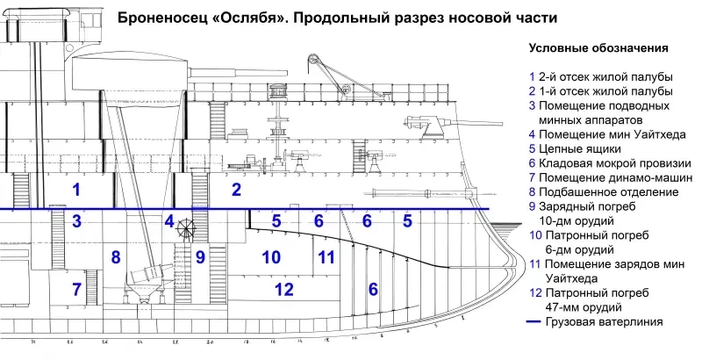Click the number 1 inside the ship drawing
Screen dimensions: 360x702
coord(77,191)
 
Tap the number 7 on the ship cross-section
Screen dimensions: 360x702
coord(76,289)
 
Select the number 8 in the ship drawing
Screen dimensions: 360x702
coord(114,257)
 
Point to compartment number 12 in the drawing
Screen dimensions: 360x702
coord(283,289)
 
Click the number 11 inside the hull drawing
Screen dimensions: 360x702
coord(326,257)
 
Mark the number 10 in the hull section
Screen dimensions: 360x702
coord(271,257)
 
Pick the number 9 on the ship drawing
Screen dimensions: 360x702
coord(200,257)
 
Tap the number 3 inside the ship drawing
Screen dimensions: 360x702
coord(77,221)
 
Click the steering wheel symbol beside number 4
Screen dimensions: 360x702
coord(186,225)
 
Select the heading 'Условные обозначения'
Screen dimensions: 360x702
coord(598,48)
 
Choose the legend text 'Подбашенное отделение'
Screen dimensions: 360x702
coord(611,191)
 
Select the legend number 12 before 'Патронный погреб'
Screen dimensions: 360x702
coord(535,292)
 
